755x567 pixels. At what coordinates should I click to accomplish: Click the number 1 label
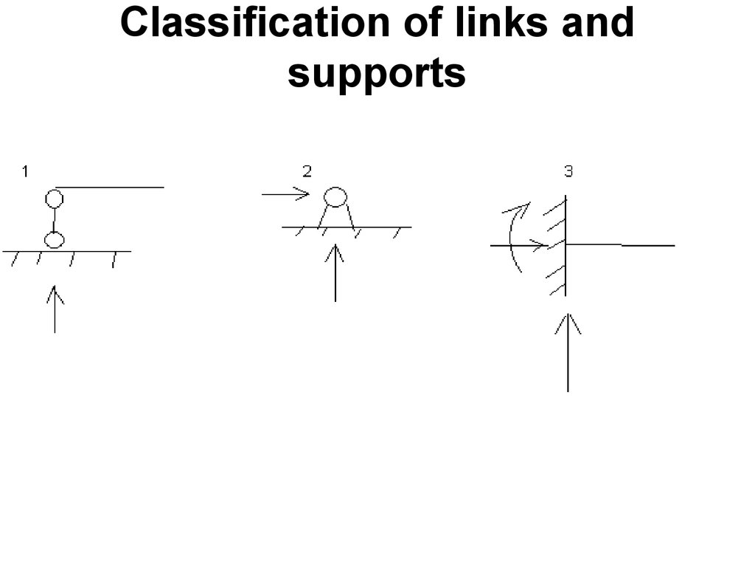tap(25, 172)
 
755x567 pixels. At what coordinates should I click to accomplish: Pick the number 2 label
tap(307, 172)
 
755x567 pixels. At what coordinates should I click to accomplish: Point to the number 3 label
tap(568, 172)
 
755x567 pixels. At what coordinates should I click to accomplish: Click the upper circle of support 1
tap(54, 198)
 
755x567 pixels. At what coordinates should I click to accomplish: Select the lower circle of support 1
tap(54, 240)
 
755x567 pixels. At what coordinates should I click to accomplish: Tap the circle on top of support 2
tap(335, 196)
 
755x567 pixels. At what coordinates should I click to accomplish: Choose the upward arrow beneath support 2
tap(335, 273)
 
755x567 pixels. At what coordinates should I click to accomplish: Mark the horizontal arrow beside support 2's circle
tap(285, 194)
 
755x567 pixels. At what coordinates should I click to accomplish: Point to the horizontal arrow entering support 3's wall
tap(520, 244)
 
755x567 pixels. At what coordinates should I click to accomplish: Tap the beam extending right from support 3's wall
tap(619, 244)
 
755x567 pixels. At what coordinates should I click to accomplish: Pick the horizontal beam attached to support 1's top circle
tap(111, 188)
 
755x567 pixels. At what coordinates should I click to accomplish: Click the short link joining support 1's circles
tap(53, 219)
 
